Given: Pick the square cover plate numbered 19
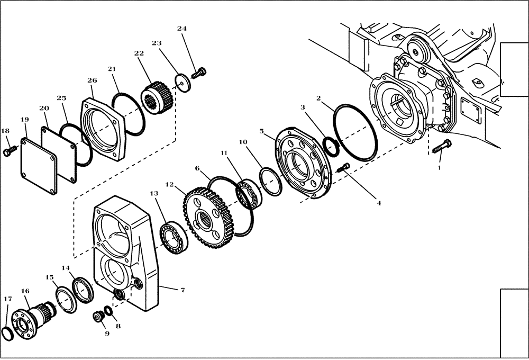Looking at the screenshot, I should (x=39, y=167).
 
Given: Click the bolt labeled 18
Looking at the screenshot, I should (x=7, y=152).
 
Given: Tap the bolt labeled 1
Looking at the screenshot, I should (x=441, y=147).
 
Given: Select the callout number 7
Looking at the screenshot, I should (x=182, y=290).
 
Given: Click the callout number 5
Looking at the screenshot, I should (x=261, y=130).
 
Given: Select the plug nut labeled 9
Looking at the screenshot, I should (x=98, y=317).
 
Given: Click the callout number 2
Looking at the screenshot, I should (x=319, y=98).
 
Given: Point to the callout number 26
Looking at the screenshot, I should (x=92, y=80).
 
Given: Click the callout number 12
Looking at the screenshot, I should (x=169, y=185).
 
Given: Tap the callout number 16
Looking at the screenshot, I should (x=25, y=291).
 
